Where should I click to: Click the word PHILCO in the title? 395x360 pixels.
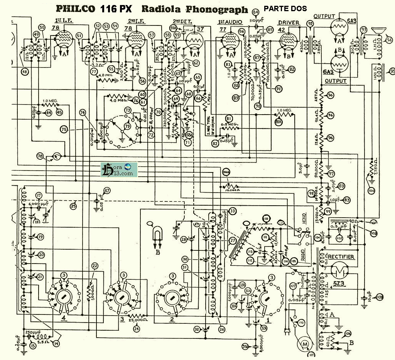[76, 9]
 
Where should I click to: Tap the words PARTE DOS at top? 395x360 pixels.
[285, 8]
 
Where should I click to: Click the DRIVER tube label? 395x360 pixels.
[289, 22]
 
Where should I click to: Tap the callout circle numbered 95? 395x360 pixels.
[392, 71]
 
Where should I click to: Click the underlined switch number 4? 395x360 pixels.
[64, 319]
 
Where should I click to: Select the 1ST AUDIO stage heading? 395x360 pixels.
[227, 22]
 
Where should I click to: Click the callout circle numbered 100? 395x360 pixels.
[372, 191]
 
